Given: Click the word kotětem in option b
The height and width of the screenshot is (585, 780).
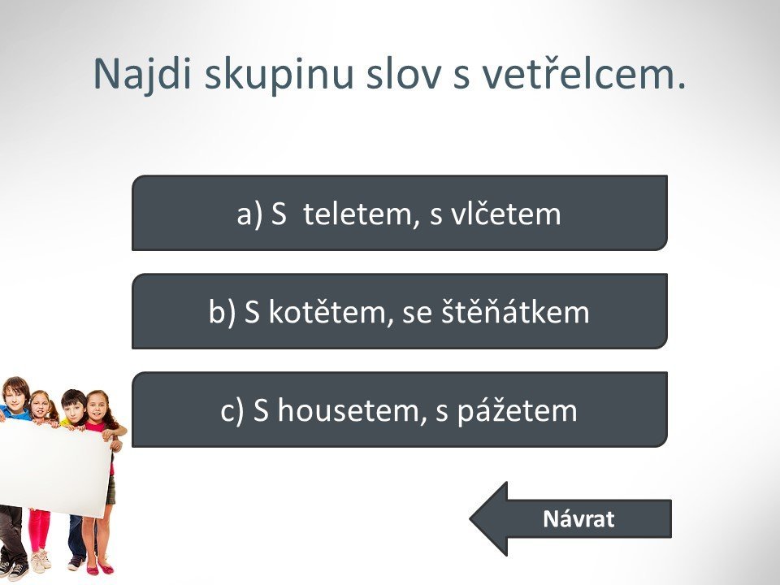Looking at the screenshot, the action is (x=327, y=312).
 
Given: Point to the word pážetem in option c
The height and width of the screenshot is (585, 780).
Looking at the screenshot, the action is (x=517, y=411).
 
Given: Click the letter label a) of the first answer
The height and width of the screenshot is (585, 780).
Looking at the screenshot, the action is (x=249, y=214).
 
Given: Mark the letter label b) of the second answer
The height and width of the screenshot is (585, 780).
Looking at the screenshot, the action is (x=222, y=313).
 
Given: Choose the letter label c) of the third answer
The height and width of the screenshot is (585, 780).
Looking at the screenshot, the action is (x=232, y=411).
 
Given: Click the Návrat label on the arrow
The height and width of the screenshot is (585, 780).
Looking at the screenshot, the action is (x=578, y=519).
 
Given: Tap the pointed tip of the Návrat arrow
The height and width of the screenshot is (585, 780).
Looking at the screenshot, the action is (x=470, y=519).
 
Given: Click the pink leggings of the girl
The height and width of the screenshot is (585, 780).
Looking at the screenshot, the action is (x=39, y=529).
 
